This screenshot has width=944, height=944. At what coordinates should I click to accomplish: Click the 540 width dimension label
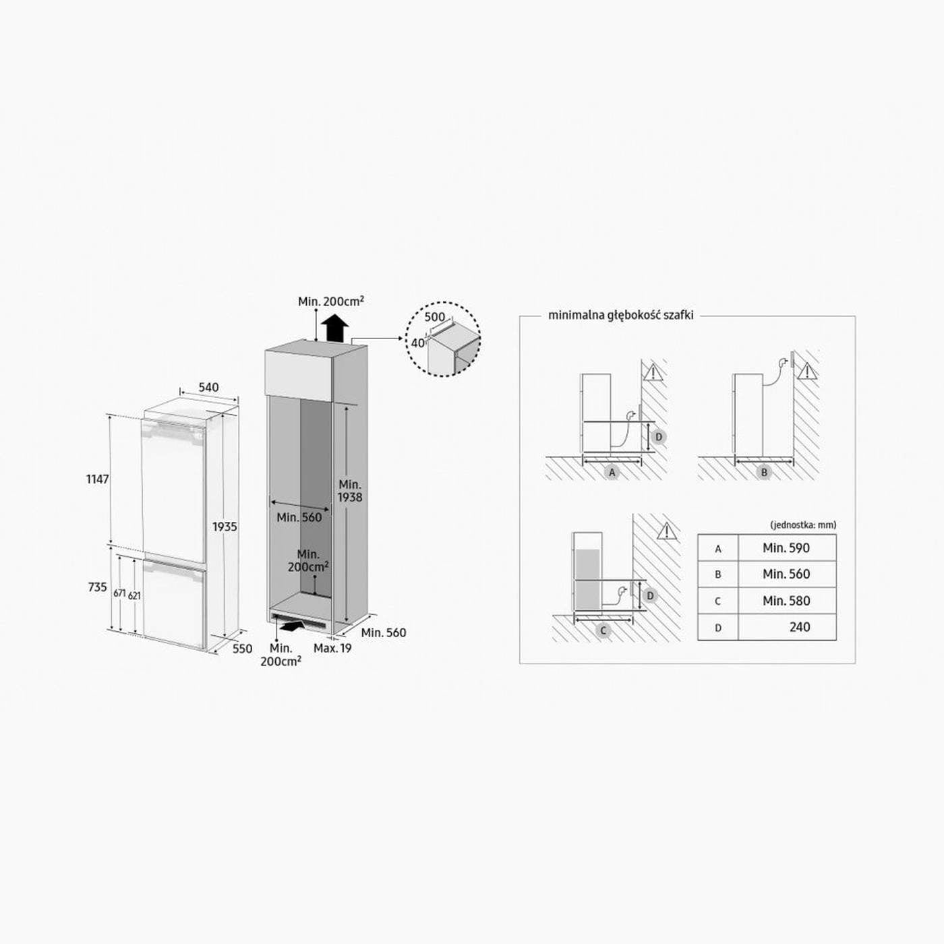tap(208, 388)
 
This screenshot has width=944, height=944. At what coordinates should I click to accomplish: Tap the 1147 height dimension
tap(98, 479)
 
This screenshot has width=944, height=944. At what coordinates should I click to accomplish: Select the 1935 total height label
tap(225, 527)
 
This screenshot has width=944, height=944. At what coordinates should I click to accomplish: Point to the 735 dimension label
tap(98, 587)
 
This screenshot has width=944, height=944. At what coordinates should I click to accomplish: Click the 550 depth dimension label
tap(242, 649)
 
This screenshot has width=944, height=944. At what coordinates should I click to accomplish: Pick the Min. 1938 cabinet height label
tap(350, 491)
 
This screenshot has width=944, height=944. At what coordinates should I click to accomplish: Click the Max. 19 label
tap(332, 648)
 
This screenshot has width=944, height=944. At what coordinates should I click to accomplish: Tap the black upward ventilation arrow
tap(335, 328)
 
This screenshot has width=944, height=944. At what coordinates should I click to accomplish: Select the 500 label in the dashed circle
tap(434, 317)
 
